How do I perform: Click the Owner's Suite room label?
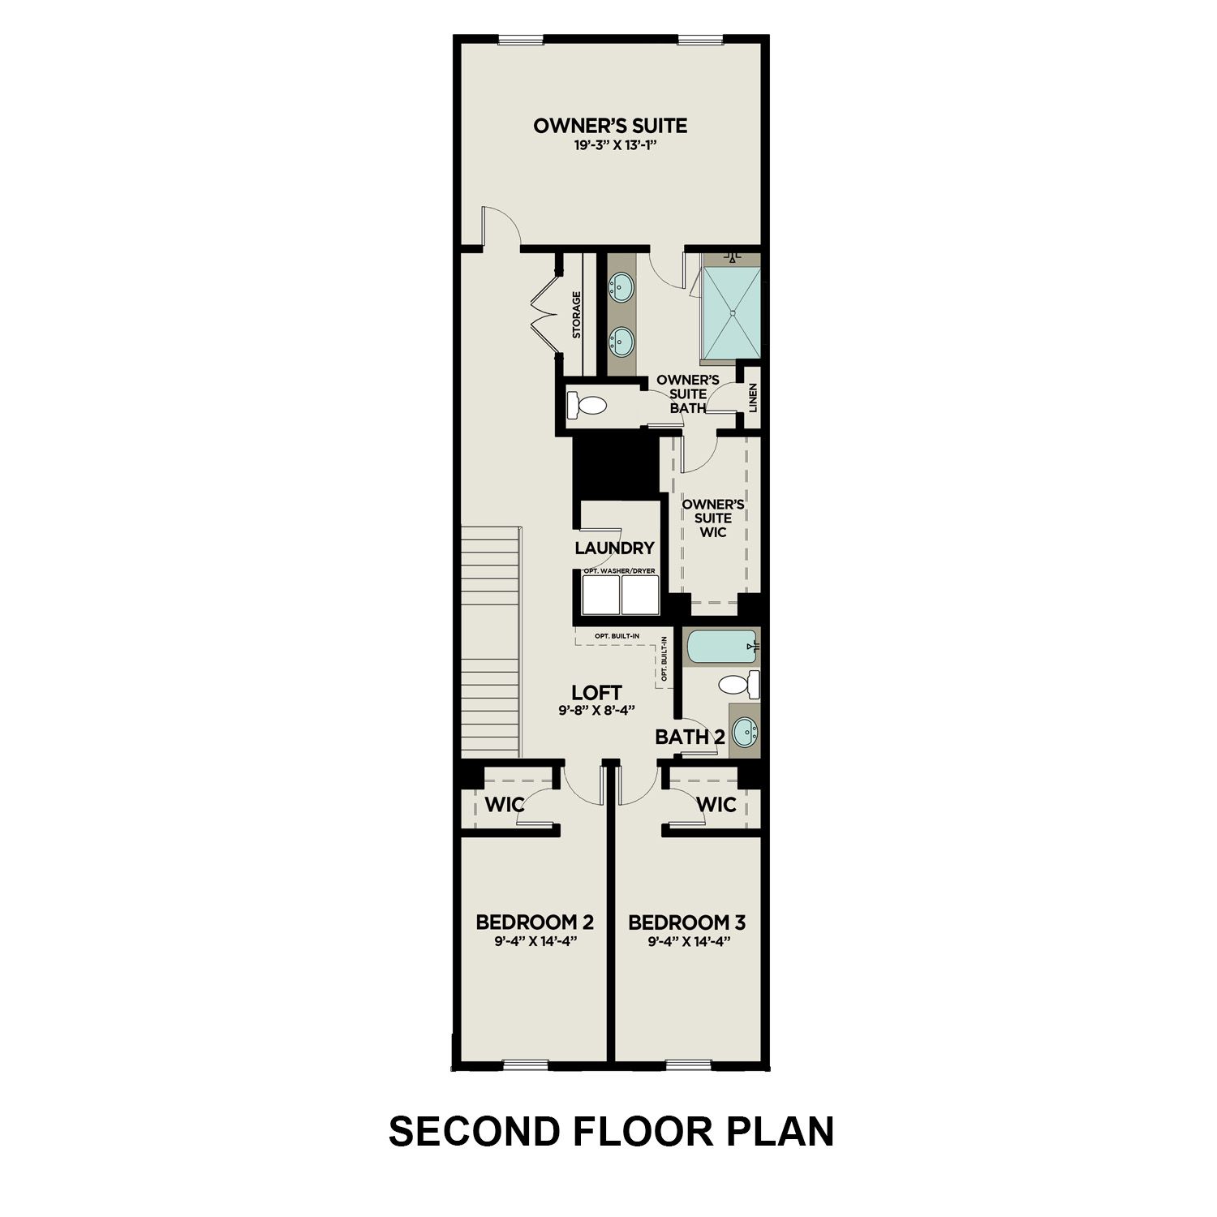[x=610, y=126]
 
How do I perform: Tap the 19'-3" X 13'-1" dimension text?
[x=610, y=147]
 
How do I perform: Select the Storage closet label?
[x=576, y=315]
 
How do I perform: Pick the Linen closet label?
[x=753, y=398]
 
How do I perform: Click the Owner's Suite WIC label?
[x=713, y=518]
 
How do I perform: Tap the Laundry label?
[x=614, y=548]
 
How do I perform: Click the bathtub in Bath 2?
[x=721, y=647]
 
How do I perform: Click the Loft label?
[x=596, y=692]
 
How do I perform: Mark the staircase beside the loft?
[x=490, y=641]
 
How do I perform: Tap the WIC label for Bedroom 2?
[x=505, y=805]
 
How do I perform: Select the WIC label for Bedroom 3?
[x=716, y=805]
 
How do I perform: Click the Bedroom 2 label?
[x=535, y=922]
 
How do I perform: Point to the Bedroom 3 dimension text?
[x=687, y=942]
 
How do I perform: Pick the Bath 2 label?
[x=690, y=738]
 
